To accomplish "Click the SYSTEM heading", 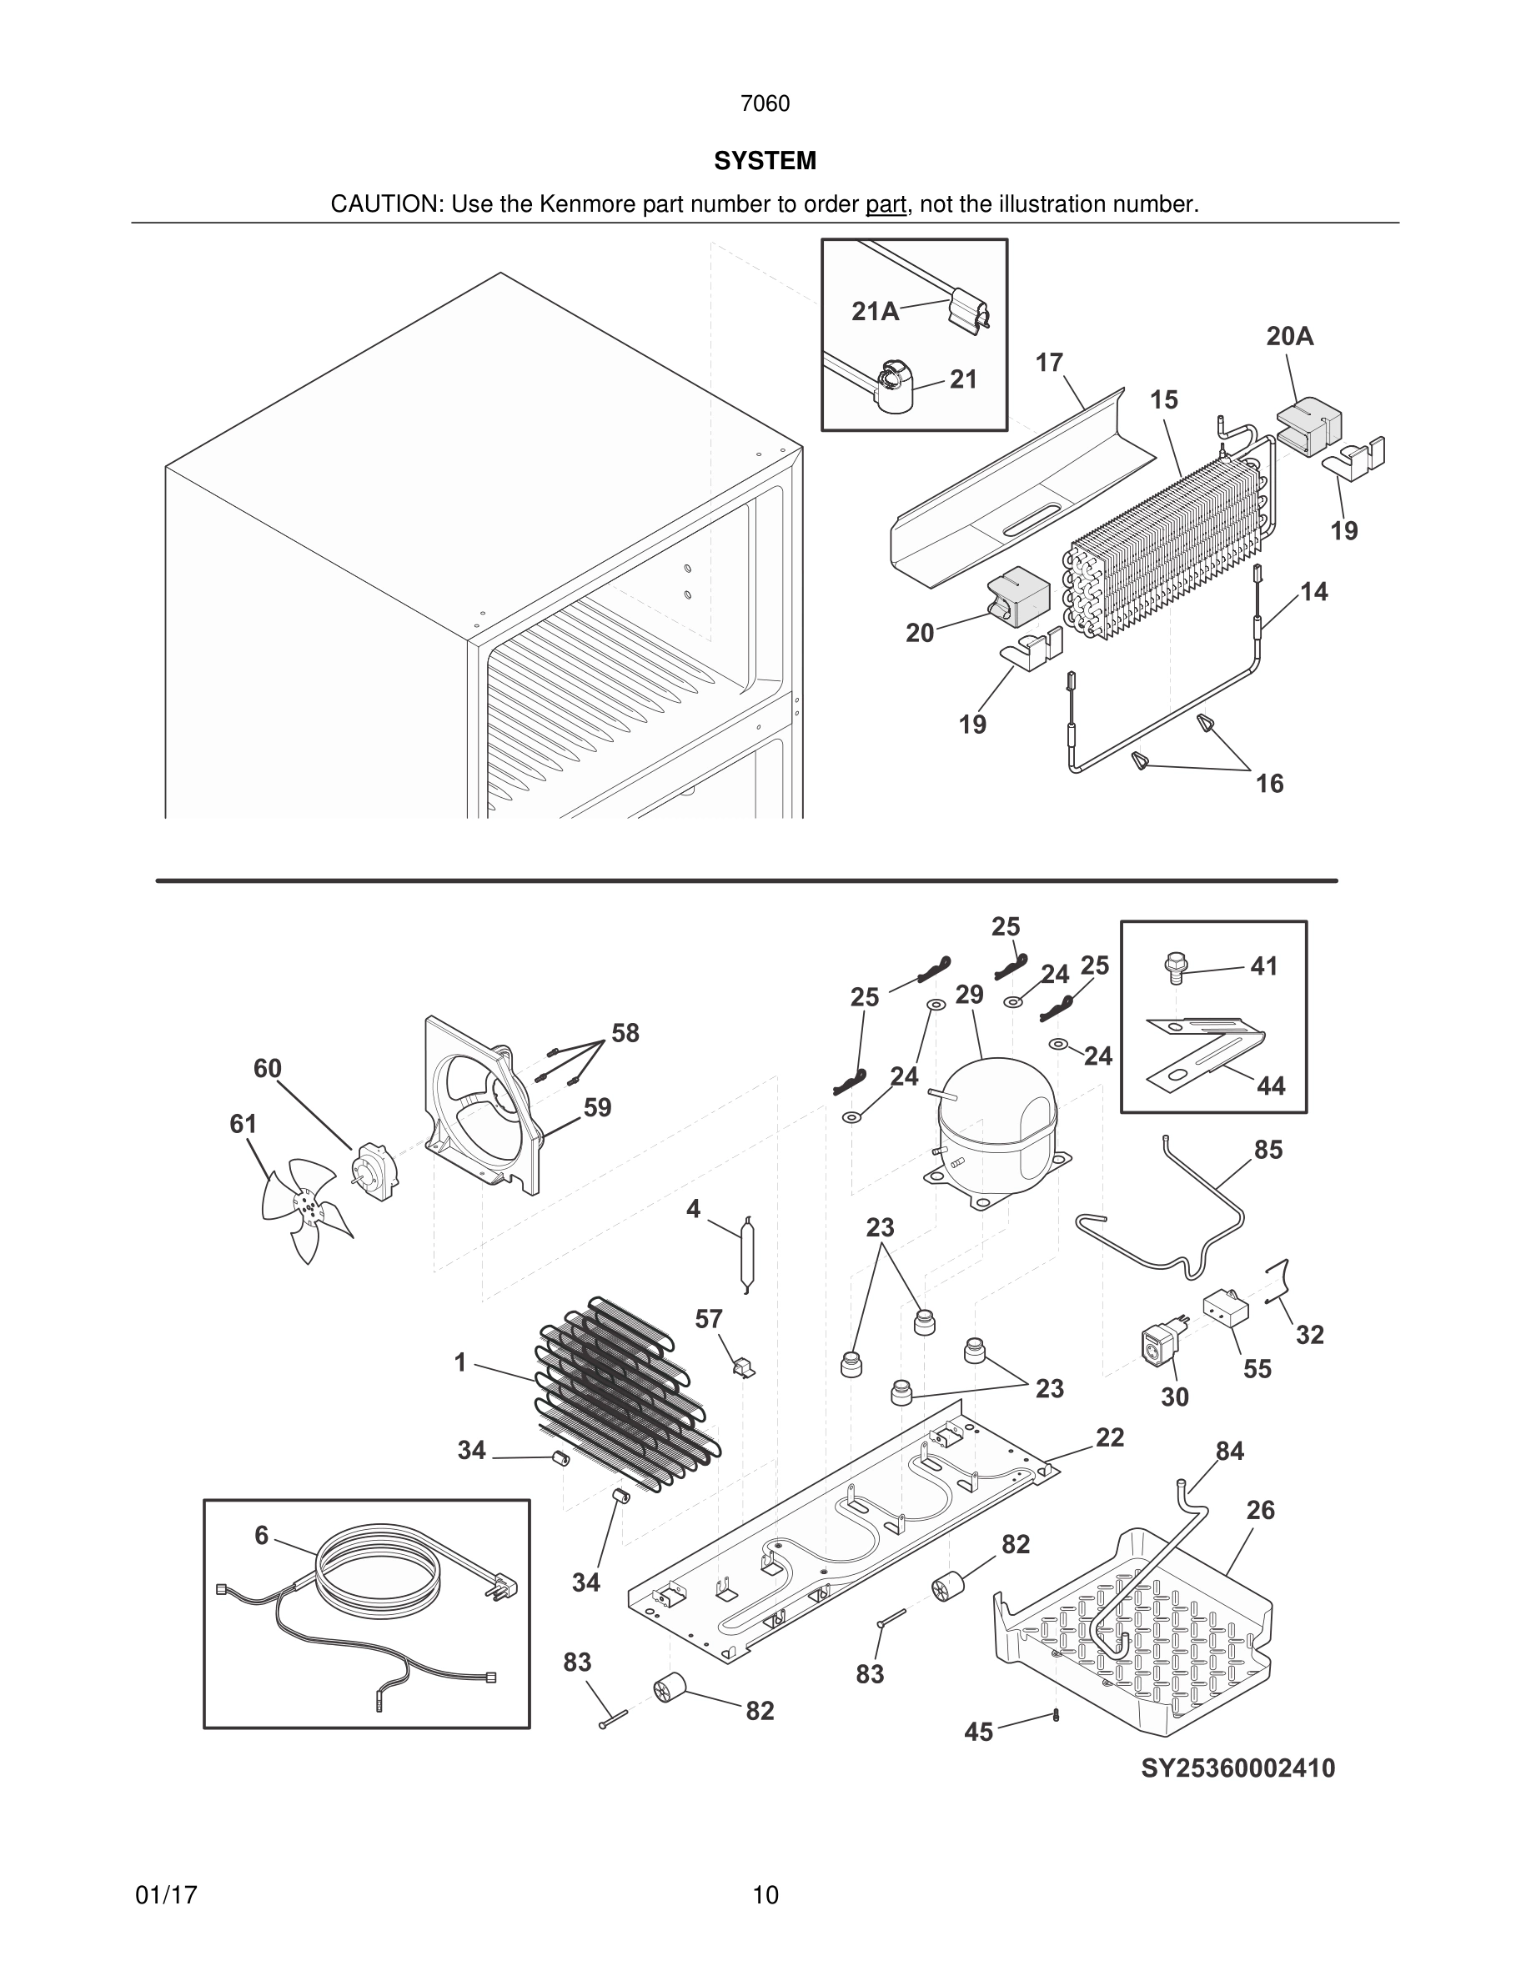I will pos(765,161).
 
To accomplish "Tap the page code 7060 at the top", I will pos(765,103).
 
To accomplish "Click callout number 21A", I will pos(875,311).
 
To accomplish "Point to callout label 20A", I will pos(1290,337).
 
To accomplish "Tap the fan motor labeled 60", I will pos(373,1172).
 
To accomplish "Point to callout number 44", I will pos(1271,1086).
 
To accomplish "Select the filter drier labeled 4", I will pos(745,1253).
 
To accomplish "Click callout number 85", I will pos(1268,1149).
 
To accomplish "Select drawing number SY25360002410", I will pos(1237,1768).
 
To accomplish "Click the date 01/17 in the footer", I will pos(166,1895).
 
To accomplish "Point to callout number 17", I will pos(1048,363).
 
